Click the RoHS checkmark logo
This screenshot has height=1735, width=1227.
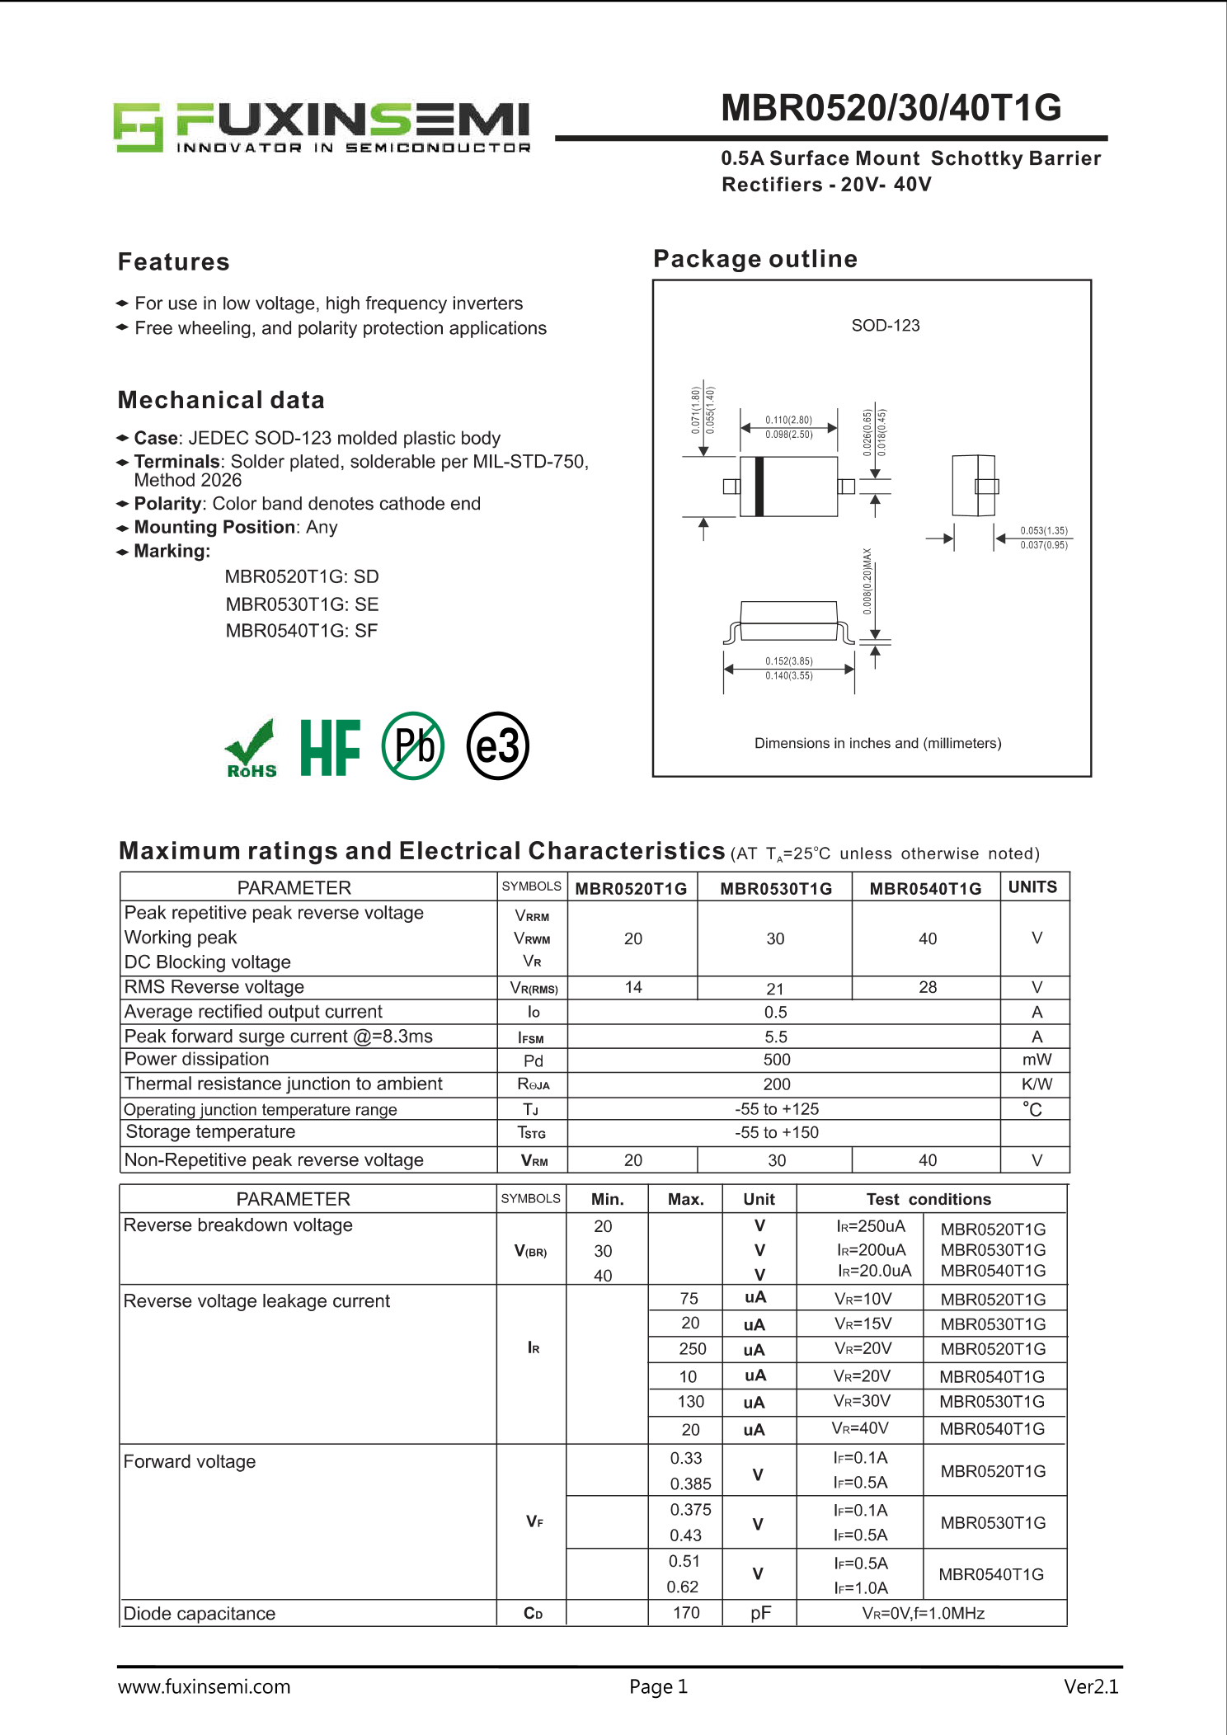[251, 748]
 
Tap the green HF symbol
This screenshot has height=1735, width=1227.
[330, 747]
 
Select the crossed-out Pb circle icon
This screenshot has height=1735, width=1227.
[413, 745]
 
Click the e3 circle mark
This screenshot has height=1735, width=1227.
[497, 746]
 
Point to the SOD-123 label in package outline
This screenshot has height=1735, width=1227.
[885, 326]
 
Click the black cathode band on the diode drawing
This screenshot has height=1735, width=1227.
[759, 486]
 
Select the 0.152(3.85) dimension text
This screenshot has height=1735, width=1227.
[788, 661]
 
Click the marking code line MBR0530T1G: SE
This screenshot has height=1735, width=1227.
[302, 604]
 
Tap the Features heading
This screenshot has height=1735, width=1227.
[174, 262]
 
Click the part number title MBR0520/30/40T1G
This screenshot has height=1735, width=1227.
[891, 108]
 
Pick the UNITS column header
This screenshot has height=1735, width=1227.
[1032, 887]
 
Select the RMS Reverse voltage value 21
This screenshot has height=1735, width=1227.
[775, 989]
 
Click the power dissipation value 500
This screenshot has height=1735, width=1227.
[776, 1060]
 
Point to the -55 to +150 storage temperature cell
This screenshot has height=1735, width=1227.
[776, 1133]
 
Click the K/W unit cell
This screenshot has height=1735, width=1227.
[1037, 1084]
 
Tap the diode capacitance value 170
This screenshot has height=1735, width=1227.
[686, 1613]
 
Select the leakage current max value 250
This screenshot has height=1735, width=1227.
[692, 1349]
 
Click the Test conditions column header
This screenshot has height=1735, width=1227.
[928, 1200]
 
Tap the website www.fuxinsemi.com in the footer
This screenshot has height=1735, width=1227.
[204, 1687]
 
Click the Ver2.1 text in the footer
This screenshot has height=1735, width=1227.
[1090, 1687]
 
